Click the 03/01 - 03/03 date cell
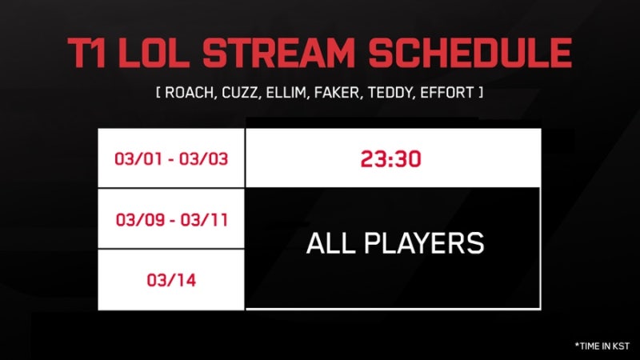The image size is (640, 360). [x=171, y=158]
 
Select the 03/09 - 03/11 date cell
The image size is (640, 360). [x=171, y=218]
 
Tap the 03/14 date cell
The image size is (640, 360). [x=171, y=280]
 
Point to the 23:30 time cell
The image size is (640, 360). [x=393, y=158]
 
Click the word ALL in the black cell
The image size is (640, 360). [x=331, y=243]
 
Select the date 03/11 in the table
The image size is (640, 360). [x=207, y=218]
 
